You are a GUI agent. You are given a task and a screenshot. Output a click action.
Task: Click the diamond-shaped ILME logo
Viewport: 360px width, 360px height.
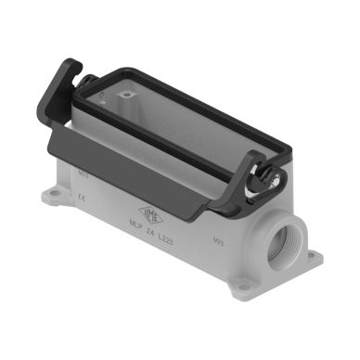151,214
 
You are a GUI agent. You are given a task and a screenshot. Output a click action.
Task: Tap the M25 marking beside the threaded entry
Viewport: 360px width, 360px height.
220,239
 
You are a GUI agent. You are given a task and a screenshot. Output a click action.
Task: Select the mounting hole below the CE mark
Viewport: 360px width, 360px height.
55,196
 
